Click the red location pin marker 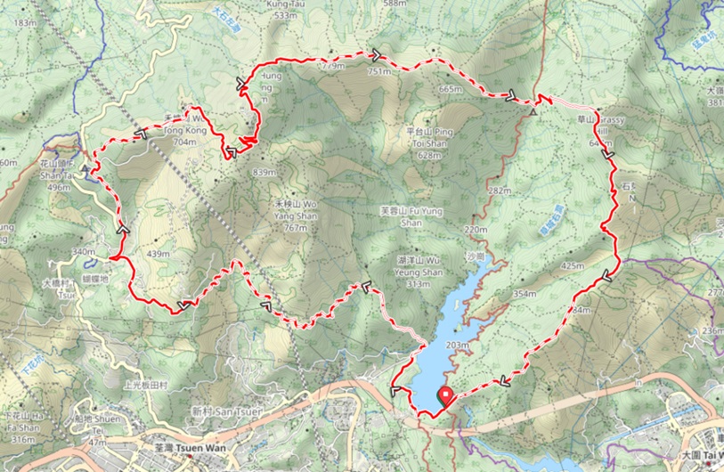pyautogui.click(x=443, y=398)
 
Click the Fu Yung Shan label pyautogui.click(x=411, y=216)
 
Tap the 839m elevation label pyautogui.click(x=264, y=172)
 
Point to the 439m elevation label pyautogui.click(x=159, y=255)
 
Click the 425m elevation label pyautogui.click(x=573, y=265)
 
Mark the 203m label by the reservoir pyautogui.click(x=457, y=345)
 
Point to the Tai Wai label pyautogui.click(x=703, y=455)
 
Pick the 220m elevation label pyautogui.click(x=476, y=230)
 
